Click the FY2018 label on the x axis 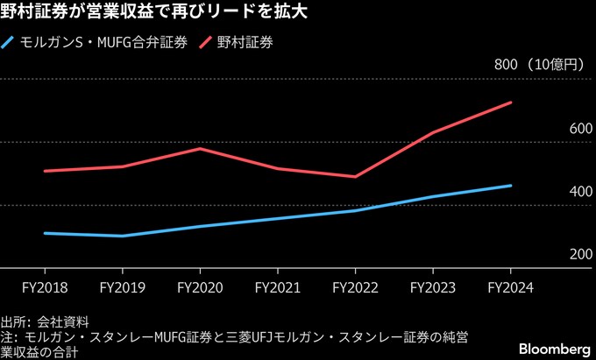click(45, 286)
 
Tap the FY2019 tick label click(123, 286)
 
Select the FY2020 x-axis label click(200, 286)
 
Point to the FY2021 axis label click(278, 286)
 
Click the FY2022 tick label click(356, 286)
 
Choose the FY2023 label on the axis click(433, 286)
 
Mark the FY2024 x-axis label click(511, 286)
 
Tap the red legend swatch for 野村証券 click(208, 41)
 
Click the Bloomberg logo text click(552, 348)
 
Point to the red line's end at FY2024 click(511, 102)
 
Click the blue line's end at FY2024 click(511, 186)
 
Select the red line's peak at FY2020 click(200, 148)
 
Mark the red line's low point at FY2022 click(356, 177)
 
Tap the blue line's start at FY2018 click(45, 233)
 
